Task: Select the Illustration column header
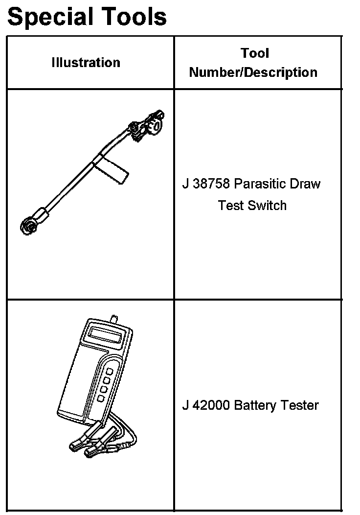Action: point(86,63)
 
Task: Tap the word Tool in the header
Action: point(254,53)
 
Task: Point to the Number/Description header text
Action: point(253,72)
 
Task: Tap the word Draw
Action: point(305,184)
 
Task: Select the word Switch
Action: point(267,205)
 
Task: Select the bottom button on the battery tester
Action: point(101,398)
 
